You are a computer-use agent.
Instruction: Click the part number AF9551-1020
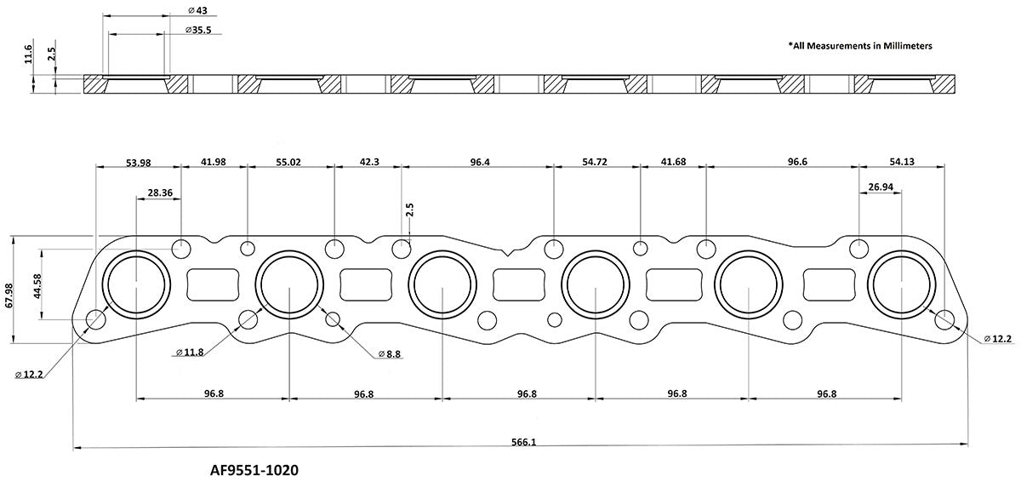click(254, 469)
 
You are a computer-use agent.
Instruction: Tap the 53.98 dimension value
click(138, 162)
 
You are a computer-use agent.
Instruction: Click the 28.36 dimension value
click(160, 193)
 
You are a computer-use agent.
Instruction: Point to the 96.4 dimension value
click(479, 162)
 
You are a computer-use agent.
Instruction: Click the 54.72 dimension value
click(596, 162)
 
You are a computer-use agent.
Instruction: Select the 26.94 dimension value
click(880, 186)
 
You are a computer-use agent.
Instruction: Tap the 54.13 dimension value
click(900, 162)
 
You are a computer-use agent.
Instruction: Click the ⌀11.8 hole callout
click(190, 352)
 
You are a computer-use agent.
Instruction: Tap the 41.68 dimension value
click(673, 162)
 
